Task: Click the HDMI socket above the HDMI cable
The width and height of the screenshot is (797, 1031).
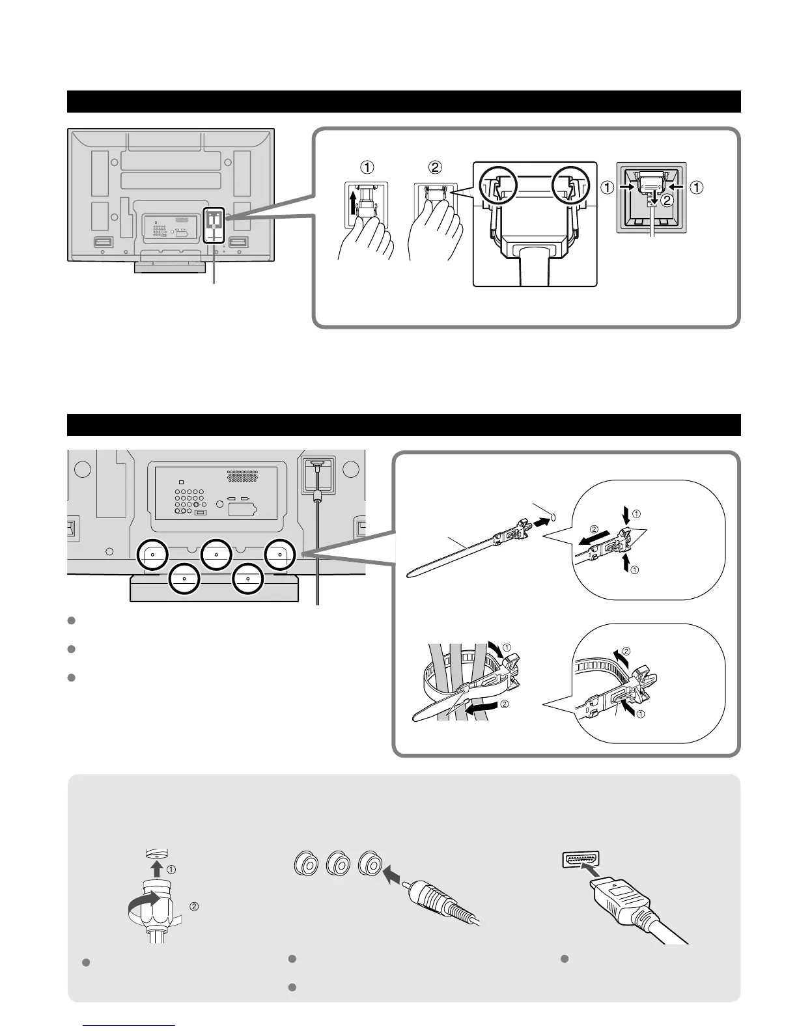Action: tap(580, 859)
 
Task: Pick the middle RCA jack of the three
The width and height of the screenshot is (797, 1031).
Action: tap(339, 864)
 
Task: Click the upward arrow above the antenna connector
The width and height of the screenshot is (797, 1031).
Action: tap(157, 867)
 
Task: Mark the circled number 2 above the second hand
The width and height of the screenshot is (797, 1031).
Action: tap(436, 167)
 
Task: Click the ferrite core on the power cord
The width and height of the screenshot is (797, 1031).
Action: tap(318, 498)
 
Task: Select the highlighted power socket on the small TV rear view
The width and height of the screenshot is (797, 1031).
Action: tap(214, 225)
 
